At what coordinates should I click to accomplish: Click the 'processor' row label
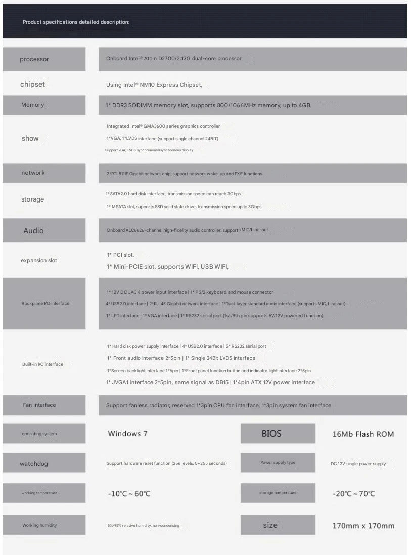pyautogui.click(x=34, y=59)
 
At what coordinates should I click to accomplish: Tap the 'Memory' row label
pyautogui.click(x=33, y=105)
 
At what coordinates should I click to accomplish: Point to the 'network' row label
pyautogui.click(x=33, y=173)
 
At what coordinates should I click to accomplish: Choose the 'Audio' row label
pyautogui.click(x=33, y=231)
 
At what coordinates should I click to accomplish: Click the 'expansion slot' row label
pyautogui.click(x=39, y=260)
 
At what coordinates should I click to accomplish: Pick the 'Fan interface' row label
pyautogui.click(x=39, y=405)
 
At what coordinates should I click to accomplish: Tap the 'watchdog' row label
pyautogui.click(x=34, y=464)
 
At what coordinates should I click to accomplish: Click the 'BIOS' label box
pyautogui.click(x=271, y=433)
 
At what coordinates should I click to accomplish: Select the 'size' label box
pyautogui.click(x=270, y=525)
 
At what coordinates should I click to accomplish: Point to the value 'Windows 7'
pyautogui.click(x=127, y=433)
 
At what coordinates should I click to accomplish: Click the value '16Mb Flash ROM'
pyautogui.click(x=363, y=434)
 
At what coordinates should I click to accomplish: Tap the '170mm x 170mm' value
pyautogui.click(x=363, y=526)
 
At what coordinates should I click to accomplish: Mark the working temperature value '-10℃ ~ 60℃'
pyautogui.click(x=129, y=494)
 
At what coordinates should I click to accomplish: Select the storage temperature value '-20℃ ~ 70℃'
pyautogui.click(x=354, y=494)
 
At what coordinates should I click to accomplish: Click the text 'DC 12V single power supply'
pyautogui.click(x=358, y=464)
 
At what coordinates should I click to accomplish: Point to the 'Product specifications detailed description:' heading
pyautogui.click(x=76, y=22)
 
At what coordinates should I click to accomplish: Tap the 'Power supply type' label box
pyautogui.click(x=278, y=462)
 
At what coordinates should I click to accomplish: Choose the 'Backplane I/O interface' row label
pyautogui.click(x=45, y=303)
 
